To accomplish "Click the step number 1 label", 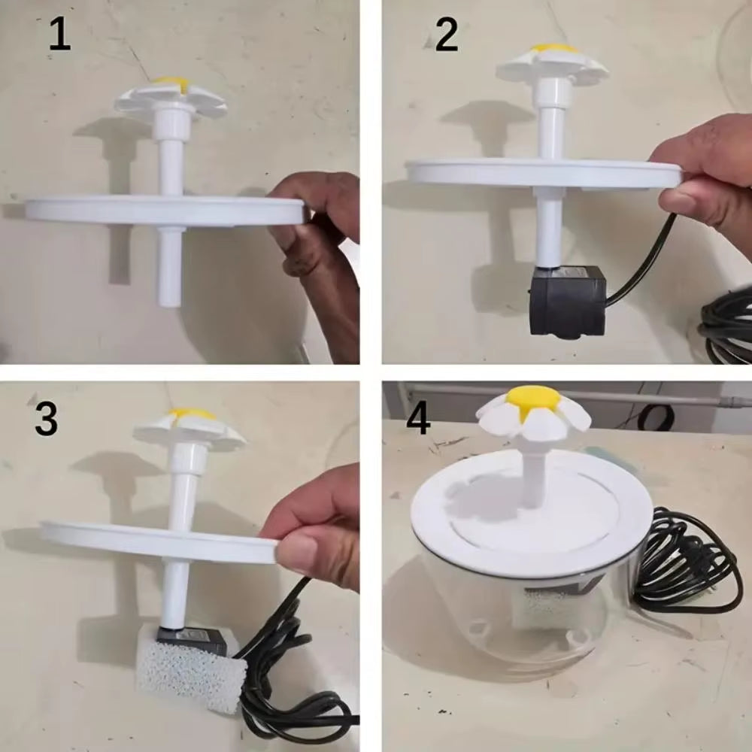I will [59, 35].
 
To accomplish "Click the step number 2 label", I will [447, 35].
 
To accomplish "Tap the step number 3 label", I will [46, 420].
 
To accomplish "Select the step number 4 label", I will [418, 418].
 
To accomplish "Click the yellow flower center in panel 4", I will [533, 399].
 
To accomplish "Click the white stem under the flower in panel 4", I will [532, 474].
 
